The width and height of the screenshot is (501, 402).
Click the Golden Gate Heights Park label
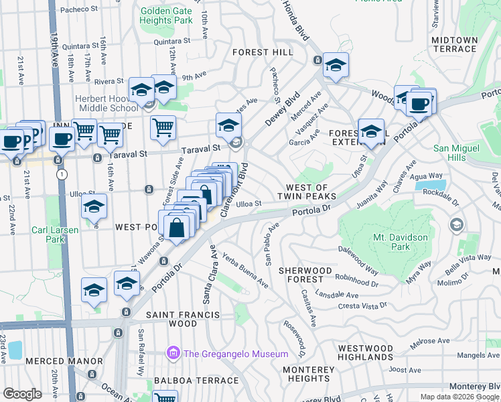(166, 15)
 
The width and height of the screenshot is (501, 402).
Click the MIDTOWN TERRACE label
(455, 46)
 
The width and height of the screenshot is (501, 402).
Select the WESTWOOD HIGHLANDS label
(365, 353)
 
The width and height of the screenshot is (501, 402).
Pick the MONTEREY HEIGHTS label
(308, 375)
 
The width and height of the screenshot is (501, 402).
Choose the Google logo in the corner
(23, 393)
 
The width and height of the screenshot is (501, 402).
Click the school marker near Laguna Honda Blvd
(336, 66)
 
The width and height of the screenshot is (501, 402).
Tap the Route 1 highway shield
(62, 174)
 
